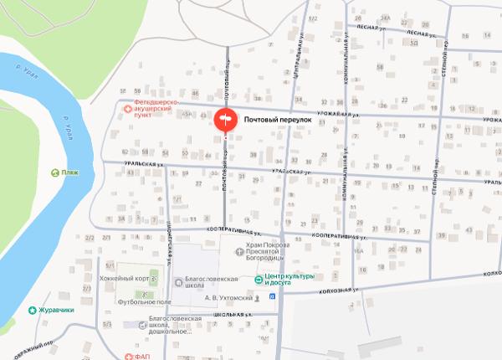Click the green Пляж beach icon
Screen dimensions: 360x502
tap(54, 172)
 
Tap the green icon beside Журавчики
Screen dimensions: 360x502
tap(33, 310)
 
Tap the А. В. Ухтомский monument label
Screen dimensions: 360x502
tap(228, 297)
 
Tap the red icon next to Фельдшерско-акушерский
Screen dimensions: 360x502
tap(127, 109)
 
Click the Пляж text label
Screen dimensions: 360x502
tap(70, 172)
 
